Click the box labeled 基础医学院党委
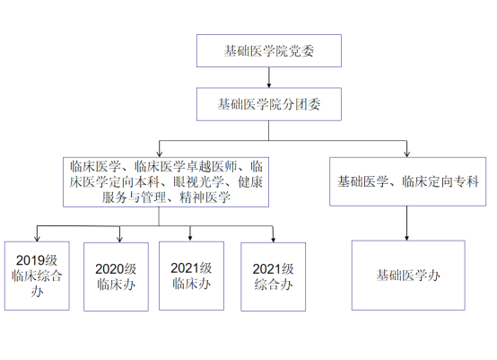(x=269, y=51)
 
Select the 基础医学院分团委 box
(x=269, y=104)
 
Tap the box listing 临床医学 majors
(x=166, y=182)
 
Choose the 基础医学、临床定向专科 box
(x=407, y=181)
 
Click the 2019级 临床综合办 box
(x=37, y=276)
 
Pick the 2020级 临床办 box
(x=116, y=277)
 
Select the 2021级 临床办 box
(x=191, y=276)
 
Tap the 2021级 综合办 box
(x=274, y=277)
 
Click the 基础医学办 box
(x=408, y=276)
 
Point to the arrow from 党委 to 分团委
(x=269, y=77)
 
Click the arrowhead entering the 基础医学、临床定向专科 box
(x=406, y=154)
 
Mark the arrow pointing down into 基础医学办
(x=406, y=224)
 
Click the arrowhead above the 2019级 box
(x=37, y=238)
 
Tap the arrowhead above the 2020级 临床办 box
(x=119, y=239)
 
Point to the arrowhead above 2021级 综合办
(x=274, y=239)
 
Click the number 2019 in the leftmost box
(x=31, y=260)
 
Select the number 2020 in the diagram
(x=109, y=269)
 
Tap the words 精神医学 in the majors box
(x=205, y=198)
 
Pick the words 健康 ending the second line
(x=250, y=182)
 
